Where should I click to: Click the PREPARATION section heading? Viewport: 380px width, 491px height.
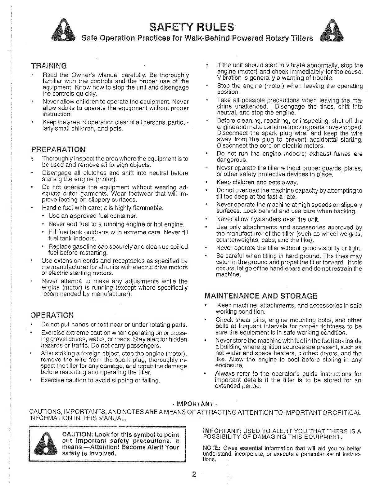58,149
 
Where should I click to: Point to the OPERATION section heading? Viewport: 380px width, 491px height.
52,315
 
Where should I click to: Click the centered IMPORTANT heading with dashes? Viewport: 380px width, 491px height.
194,404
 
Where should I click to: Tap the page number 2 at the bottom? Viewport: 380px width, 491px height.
194,474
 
